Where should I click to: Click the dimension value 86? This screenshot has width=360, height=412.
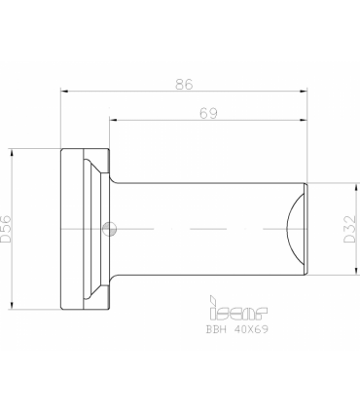click(x=184, y=84)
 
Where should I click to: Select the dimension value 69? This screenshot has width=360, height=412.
click(x=208, y=113)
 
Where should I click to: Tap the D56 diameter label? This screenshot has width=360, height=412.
click(x=6, y=229)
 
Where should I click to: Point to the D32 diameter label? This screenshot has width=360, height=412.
click(x=350, y=229)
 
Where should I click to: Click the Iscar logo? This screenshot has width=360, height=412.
click(x=238, y=308)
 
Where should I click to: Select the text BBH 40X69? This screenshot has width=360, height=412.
click(x=237, y=329)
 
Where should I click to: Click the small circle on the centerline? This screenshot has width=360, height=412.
click(x=109, y=229)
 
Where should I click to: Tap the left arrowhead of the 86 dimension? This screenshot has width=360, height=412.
click(x=64, y=92)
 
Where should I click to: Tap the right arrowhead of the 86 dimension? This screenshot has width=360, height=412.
click(x=304, y=92)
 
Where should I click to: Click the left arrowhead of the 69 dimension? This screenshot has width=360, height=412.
click(x=113, y=120)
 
